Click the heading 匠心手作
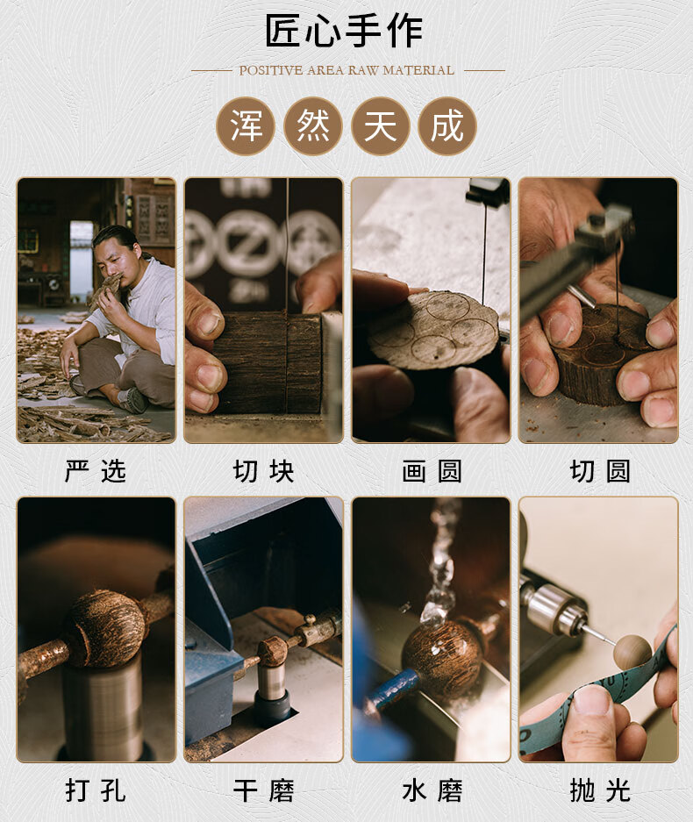coord(344,31)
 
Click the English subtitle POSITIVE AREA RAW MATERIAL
coord(346,70)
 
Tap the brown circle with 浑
coord(246,125)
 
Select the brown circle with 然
coord(313,125)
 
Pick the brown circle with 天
coord(380,125)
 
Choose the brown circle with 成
coord(447,125)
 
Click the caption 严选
coord(96,471)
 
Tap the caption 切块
coord(264,471)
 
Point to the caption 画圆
coord(432,471)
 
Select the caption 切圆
coord(600,471)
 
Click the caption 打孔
coord(96,790)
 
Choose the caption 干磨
coord(264,790)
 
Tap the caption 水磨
coord(432,790)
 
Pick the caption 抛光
coord(600,790)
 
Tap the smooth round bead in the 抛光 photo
coord(632,653)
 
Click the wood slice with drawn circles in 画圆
coord(432,328)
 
